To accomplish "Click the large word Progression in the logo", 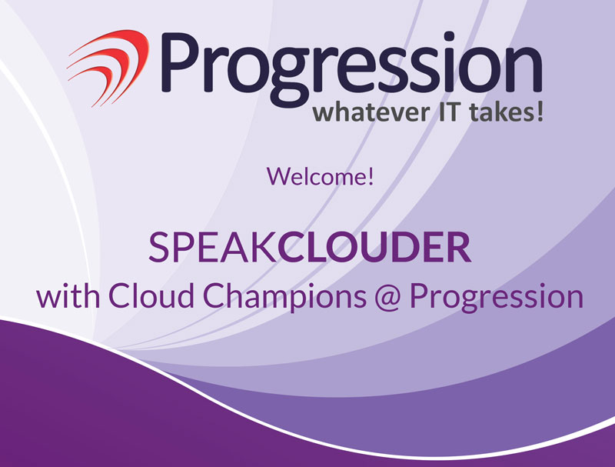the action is point(351,69).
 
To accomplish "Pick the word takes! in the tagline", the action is point(507,112).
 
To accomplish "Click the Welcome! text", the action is point(320,176).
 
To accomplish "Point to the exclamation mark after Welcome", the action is point(371,176).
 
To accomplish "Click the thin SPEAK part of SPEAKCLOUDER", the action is point(213,247).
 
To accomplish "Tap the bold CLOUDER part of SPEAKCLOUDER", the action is point(374,247).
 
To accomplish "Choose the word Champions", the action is point(285,298).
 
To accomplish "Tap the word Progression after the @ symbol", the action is point(497,298).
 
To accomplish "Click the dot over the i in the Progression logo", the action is point(449,37).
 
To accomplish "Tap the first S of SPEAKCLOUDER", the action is point(158,247).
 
